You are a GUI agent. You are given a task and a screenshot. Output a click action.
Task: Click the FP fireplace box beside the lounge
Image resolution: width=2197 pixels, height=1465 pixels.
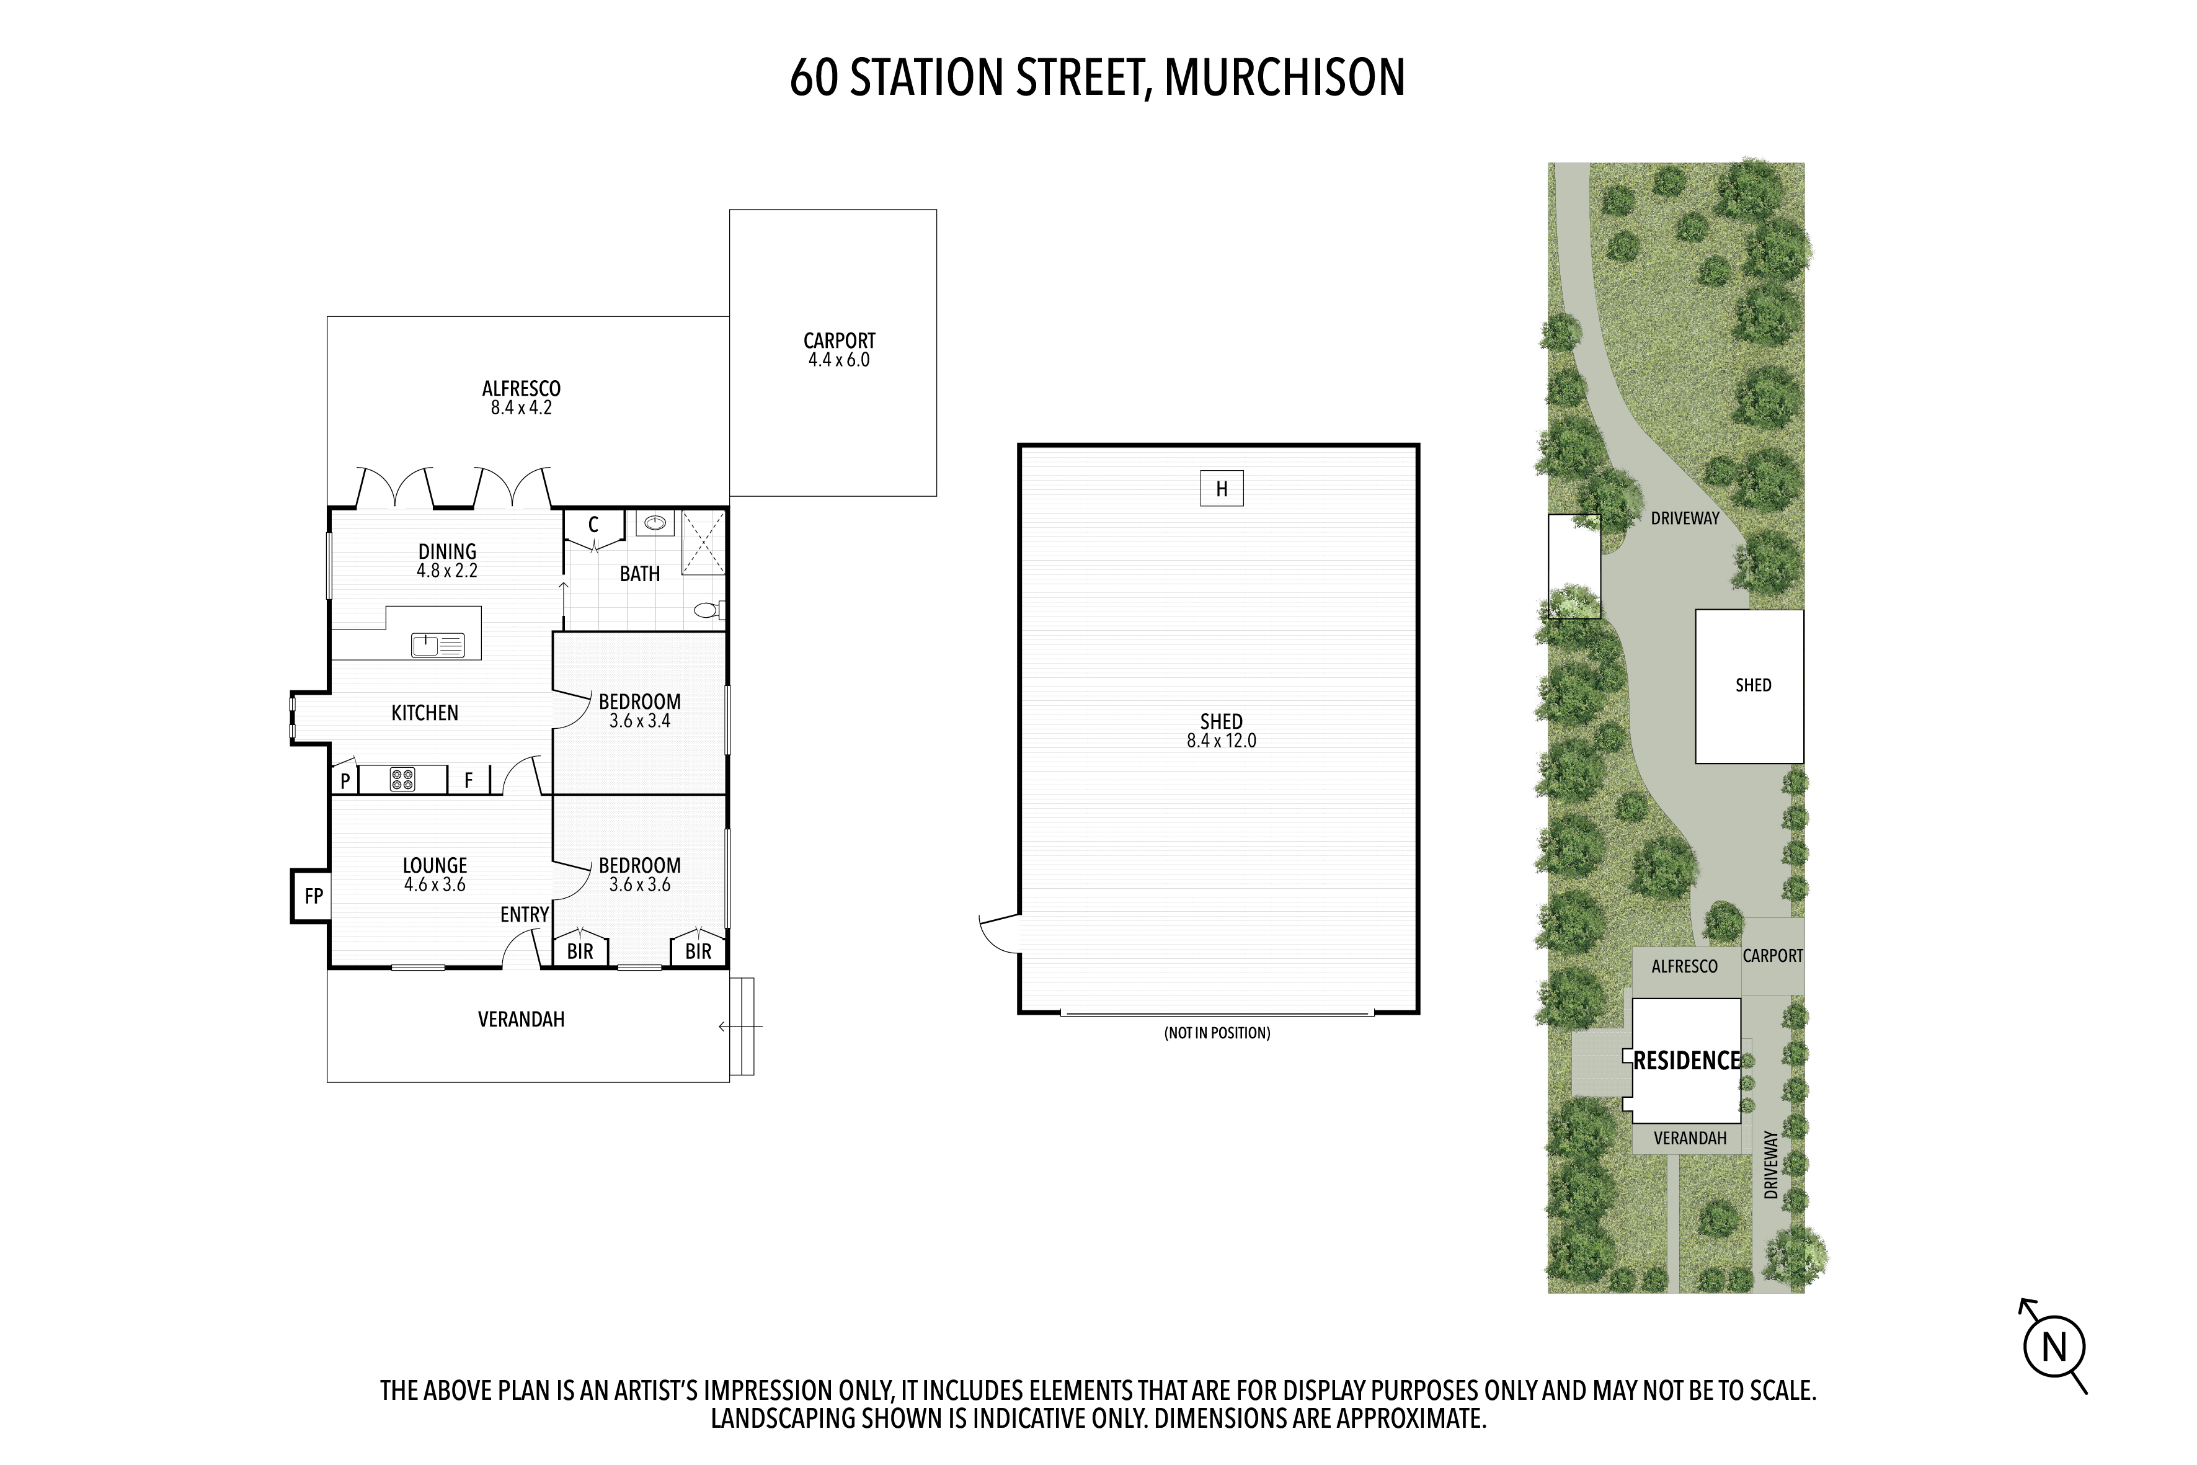click(311, 895)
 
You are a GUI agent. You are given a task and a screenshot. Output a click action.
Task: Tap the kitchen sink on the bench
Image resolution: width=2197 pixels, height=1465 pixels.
click(438, 644)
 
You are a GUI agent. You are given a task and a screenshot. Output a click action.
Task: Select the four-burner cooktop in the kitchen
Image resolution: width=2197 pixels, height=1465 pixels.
click(402, 779)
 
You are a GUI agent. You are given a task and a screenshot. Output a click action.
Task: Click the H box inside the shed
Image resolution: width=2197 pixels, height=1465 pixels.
click(1221, 489)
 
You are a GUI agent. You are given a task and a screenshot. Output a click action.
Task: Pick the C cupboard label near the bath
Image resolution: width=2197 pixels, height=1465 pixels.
click(593, 525)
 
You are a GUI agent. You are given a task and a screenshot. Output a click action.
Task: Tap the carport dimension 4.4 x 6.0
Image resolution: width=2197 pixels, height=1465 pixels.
click(839, 360)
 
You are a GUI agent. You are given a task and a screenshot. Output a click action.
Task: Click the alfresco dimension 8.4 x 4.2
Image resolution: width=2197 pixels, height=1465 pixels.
click(522, 408)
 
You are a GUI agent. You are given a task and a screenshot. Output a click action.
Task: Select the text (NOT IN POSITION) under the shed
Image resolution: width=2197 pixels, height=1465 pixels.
click(1217, 1033)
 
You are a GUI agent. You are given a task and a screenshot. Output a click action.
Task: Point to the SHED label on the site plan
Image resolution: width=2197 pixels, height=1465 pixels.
click(1753, 685)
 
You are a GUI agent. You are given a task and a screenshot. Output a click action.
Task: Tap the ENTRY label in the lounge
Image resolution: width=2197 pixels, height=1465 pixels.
click(524, 915)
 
